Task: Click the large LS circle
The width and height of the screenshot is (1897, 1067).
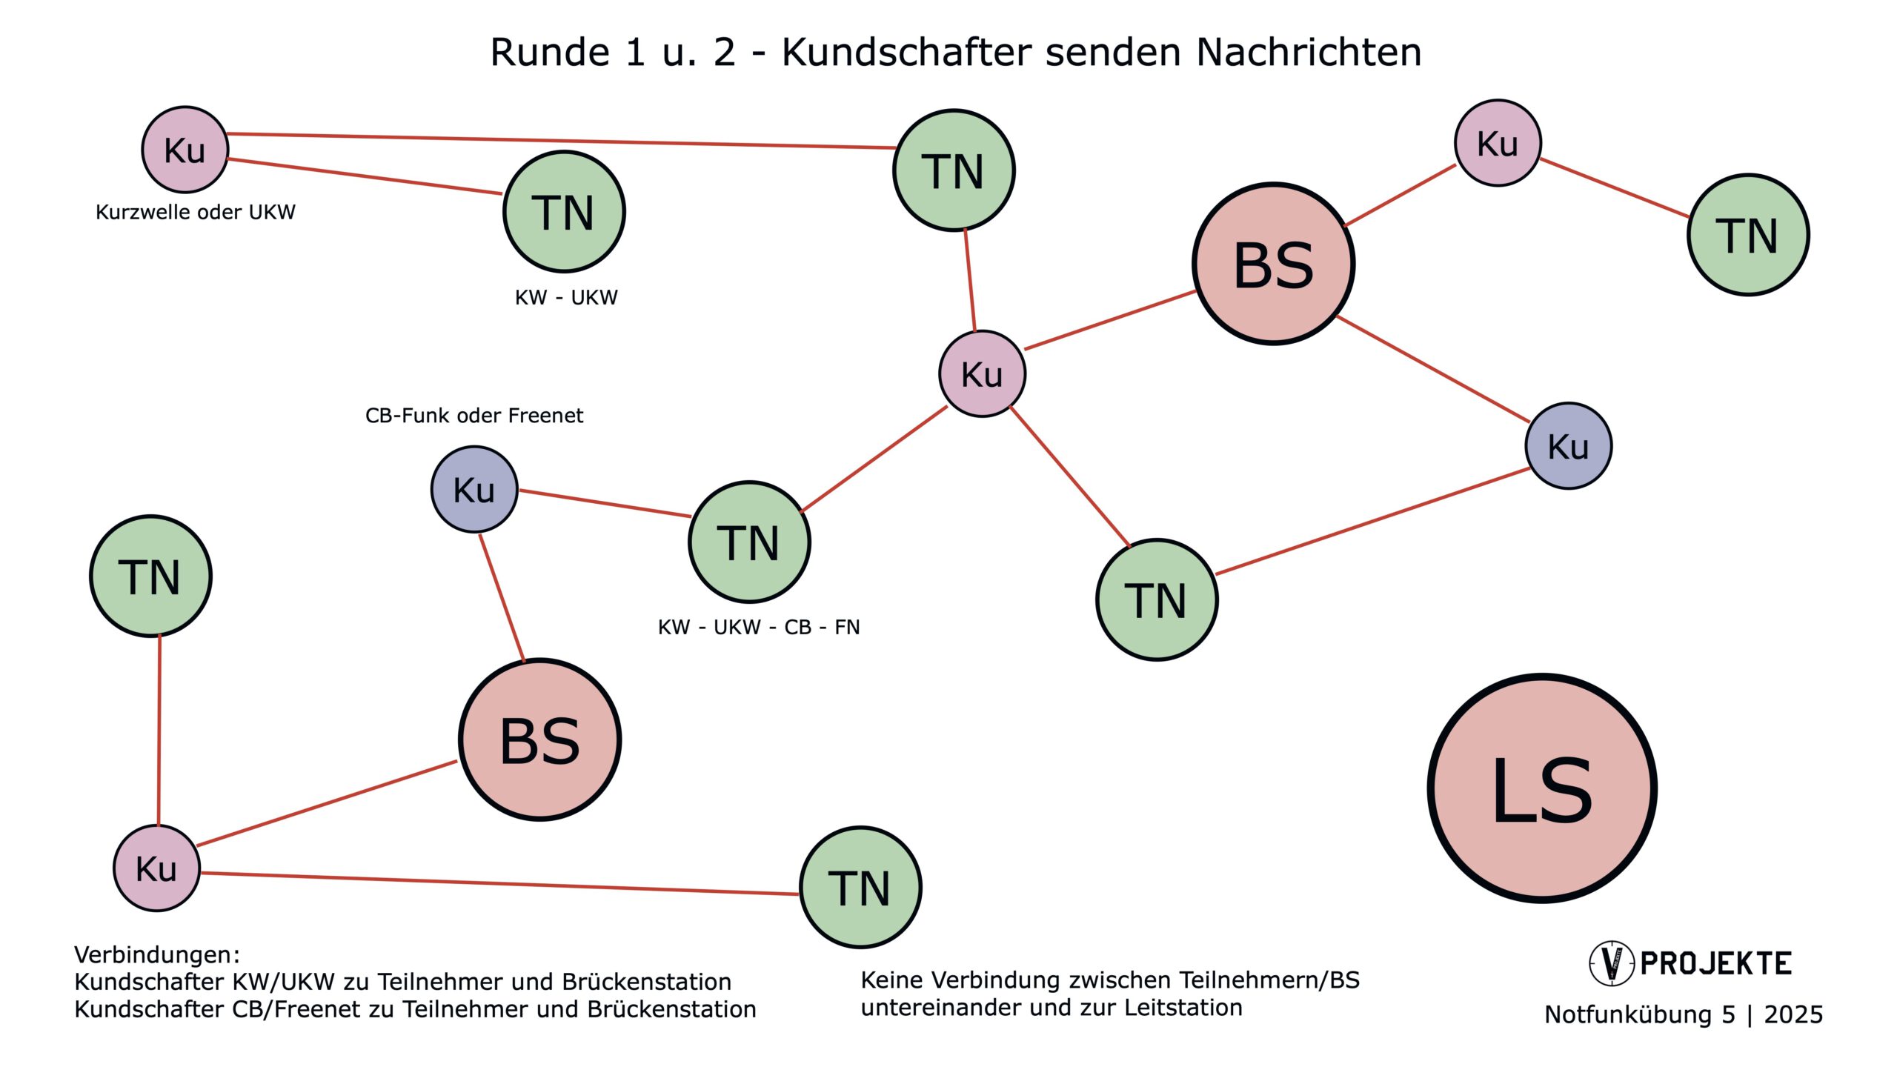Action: [x=1541, y=788]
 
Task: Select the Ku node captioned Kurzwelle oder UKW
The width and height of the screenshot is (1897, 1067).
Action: [x=185, y=149]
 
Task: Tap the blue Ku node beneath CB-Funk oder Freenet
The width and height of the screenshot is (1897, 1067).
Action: [x=474, y=489]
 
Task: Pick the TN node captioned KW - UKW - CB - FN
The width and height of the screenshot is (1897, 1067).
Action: [x=749, y=542]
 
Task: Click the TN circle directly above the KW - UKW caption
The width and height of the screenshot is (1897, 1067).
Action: [x=564, y=212]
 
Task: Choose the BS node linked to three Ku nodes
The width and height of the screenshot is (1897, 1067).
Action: [x=1273, y=264]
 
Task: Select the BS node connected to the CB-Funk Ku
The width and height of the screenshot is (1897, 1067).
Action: [x=539, y=739]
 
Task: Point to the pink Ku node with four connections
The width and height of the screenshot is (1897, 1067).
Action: [x=982, y=373]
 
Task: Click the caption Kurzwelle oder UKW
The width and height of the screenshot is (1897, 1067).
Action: [x=196, y=213]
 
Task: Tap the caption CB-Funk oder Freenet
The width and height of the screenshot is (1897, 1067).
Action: [x=474, y=416]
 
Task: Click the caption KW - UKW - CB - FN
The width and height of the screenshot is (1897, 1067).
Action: [x=759, y=628]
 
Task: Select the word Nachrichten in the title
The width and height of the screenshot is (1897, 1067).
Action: [x=1309, y=53]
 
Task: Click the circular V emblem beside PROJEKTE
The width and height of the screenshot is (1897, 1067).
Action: [x=1611, y=963]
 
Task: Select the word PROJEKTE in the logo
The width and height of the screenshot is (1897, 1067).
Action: [x=1716, y=964]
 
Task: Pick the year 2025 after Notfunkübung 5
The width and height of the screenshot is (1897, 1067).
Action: [x=1793, y=1014]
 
